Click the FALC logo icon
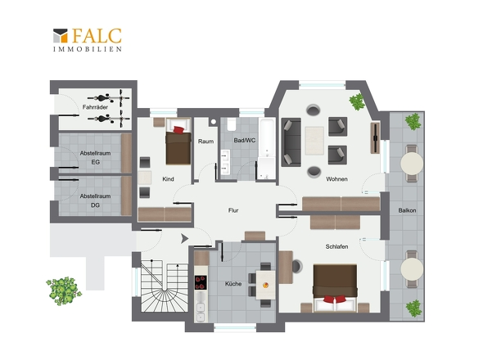tap(61, 35)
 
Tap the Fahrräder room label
tap(95, 107)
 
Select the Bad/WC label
tap(245, 141)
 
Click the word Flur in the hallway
tap(233, 210)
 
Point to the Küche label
tap(233, 284)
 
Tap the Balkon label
tap(407, 210)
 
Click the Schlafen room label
tap(336, 246)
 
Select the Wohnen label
tap(336, 179)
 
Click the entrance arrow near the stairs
tap(184, 238)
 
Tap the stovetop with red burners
tap(201, 282)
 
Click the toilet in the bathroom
tap(232, 124)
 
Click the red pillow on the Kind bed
tap(178, 129)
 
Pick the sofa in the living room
tap(291, 142)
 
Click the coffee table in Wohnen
tap(314, 141)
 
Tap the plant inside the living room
tap(357, 102)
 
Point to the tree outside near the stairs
tap(64, 290)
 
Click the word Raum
tap(205, 142)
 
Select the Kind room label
tap(168, 179)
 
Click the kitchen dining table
tap(265, 285)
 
